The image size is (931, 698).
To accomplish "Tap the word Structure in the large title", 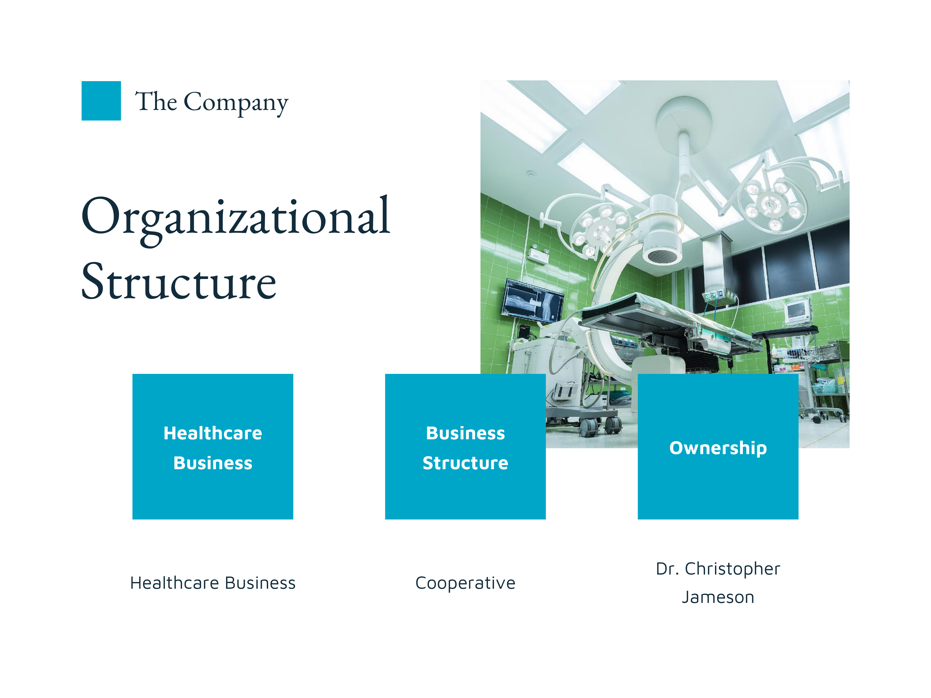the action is pos(179,281).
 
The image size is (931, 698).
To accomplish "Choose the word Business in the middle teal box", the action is pos(466,433).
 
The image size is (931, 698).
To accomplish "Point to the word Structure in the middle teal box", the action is pos(466,463).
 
